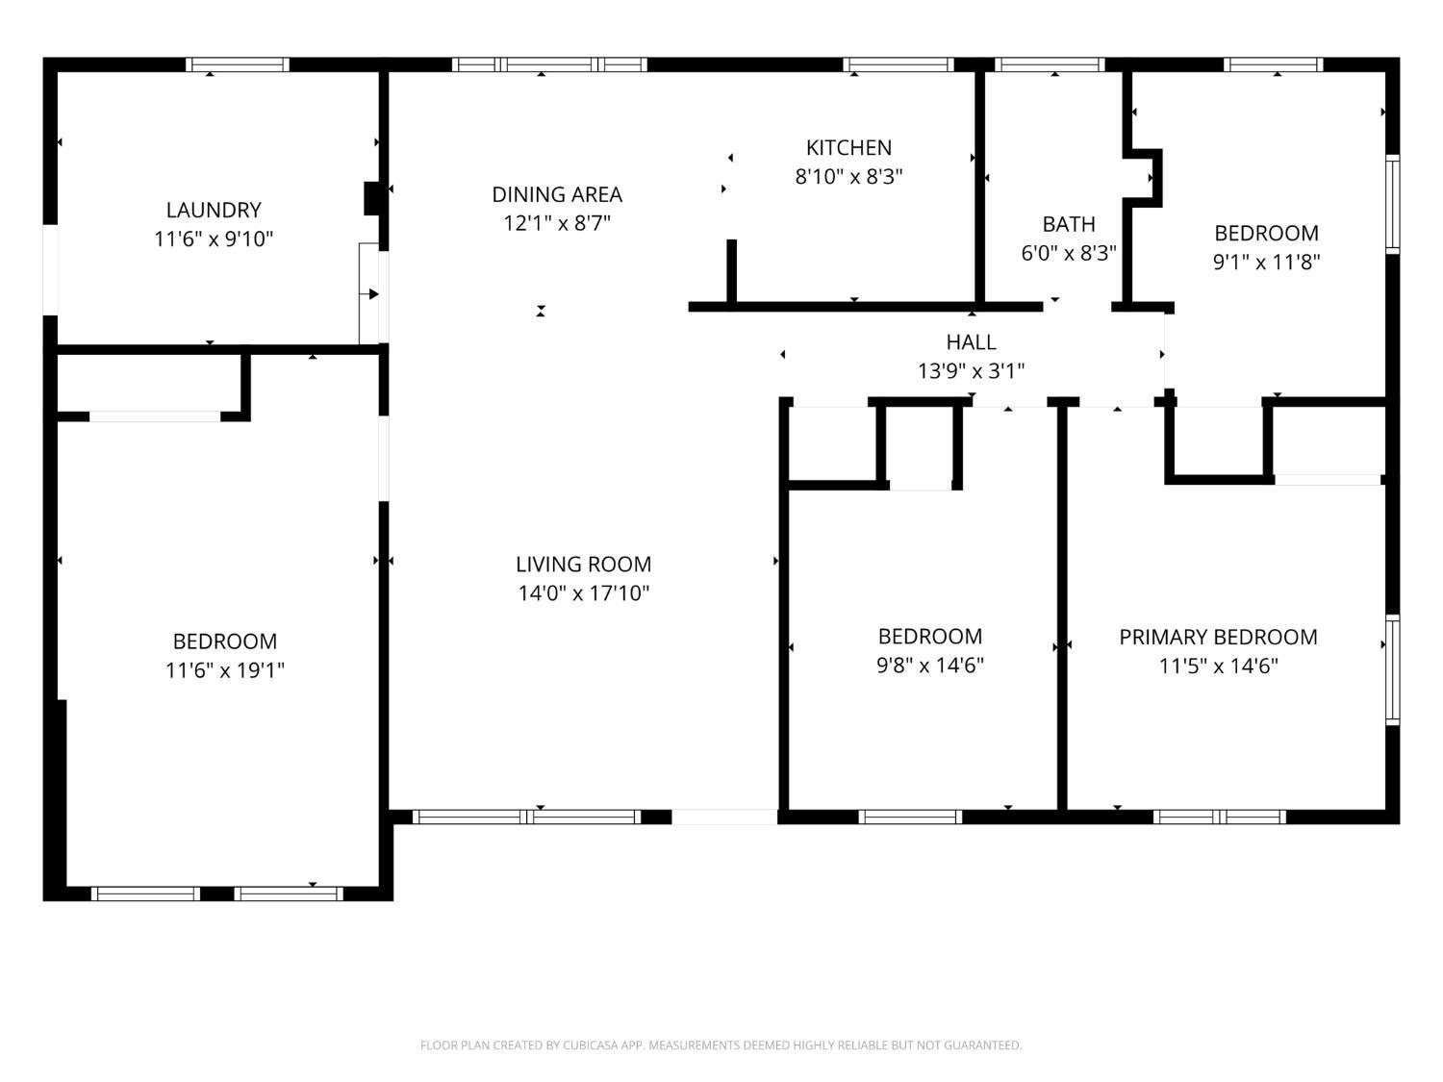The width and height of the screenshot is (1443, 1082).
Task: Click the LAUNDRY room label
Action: [214, 210]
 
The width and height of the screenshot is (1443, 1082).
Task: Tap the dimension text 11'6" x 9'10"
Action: [214, 239]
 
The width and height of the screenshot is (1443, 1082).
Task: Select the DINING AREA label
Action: [557, 194]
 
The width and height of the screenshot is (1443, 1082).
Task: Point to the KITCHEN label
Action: [848, 148]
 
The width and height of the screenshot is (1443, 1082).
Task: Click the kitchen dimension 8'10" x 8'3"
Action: [848, 177]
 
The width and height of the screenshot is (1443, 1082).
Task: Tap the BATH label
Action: [1069, 224]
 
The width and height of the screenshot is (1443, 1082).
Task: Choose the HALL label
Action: [971, 341]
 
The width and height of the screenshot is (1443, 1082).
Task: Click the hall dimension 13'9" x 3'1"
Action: [971, 371]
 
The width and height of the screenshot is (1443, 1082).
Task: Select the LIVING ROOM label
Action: [584, 564]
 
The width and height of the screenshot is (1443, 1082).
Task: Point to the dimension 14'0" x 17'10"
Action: [584, 593]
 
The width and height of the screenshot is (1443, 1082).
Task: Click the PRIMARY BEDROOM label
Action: [1218, 637]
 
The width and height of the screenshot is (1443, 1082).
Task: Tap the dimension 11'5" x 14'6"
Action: [1218, 667]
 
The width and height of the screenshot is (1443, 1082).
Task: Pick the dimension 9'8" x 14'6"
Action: [930, 666]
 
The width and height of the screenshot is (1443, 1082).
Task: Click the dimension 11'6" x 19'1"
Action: [225, 670]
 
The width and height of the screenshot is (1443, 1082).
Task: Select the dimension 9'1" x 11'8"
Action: [1266, 263]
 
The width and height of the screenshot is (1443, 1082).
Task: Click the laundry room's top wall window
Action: [238, 64]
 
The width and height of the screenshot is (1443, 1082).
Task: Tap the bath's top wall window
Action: [1050, 64]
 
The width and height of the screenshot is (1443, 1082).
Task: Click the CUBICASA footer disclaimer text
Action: [721, 1044]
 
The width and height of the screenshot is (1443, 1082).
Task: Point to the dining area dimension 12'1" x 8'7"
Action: [557, 223]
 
